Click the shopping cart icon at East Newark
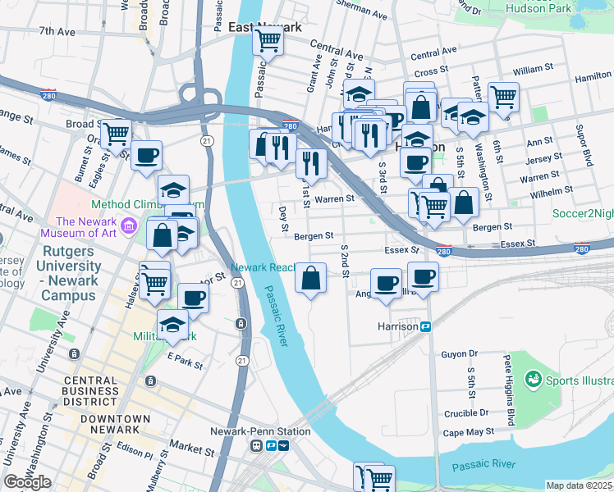pos(268,39)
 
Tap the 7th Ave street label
pos(57,32)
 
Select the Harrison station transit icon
pos(426,327)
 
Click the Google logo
pos(27,482)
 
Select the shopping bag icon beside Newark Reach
pos(311,278)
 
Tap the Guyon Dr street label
pos(460,354)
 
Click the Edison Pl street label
pos(135,453)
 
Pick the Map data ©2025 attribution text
pos(580,485)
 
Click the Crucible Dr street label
pos(466,414)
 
